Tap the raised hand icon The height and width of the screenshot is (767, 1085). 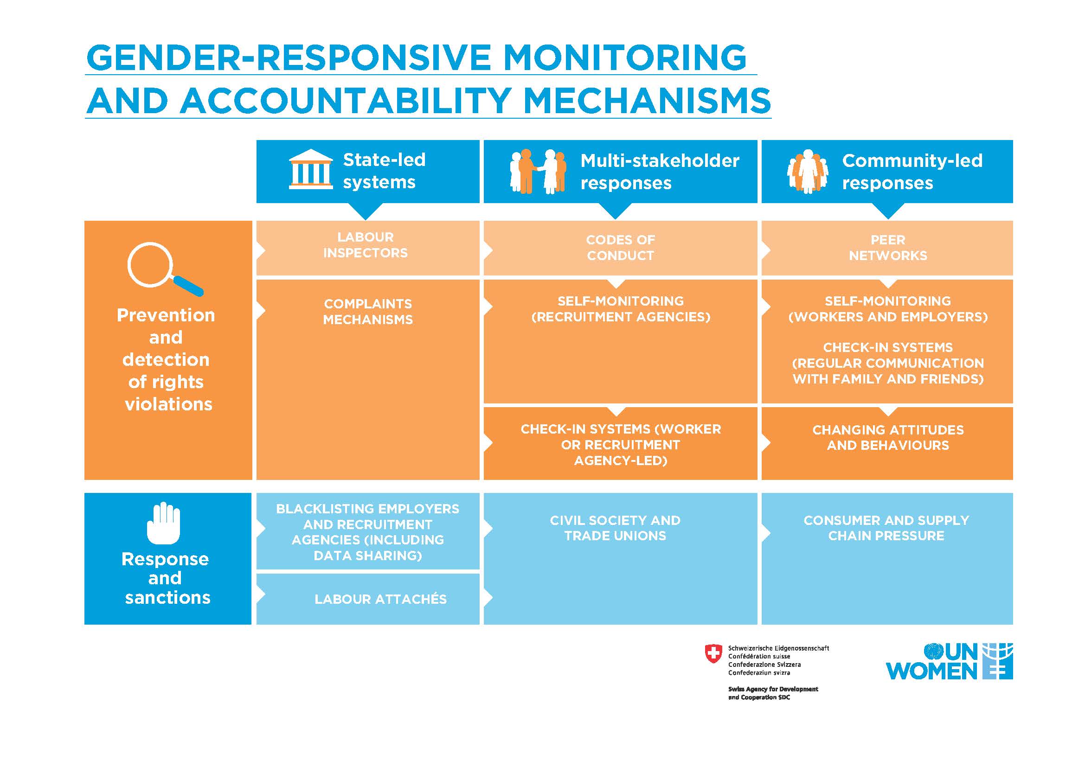[x=163, y=523]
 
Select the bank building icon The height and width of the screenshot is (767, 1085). [x=310, y=170]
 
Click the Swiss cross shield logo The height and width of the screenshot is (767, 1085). [x=713, y=654]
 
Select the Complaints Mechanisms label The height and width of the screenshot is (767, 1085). [x=368, y=312]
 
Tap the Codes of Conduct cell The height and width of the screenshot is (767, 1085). [x=620, y=248]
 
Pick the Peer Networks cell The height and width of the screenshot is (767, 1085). [x=887, y=248]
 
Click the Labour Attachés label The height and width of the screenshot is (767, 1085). [x=380, y=599]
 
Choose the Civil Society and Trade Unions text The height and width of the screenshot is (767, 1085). [x=615, y=528]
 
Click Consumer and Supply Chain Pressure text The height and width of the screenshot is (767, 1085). [x=886, y=528]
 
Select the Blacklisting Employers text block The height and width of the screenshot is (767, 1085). [x=368, y=532]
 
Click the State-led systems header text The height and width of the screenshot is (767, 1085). [x=384, y=171]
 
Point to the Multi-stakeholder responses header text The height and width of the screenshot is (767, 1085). [x=659, y=172]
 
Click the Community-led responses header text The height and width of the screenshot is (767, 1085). [x=912, y=172]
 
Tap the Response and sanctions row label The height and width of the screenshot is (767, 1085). [x=166, y=579]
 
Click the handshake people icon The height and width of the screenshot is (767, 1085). [x=538, y=172]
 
